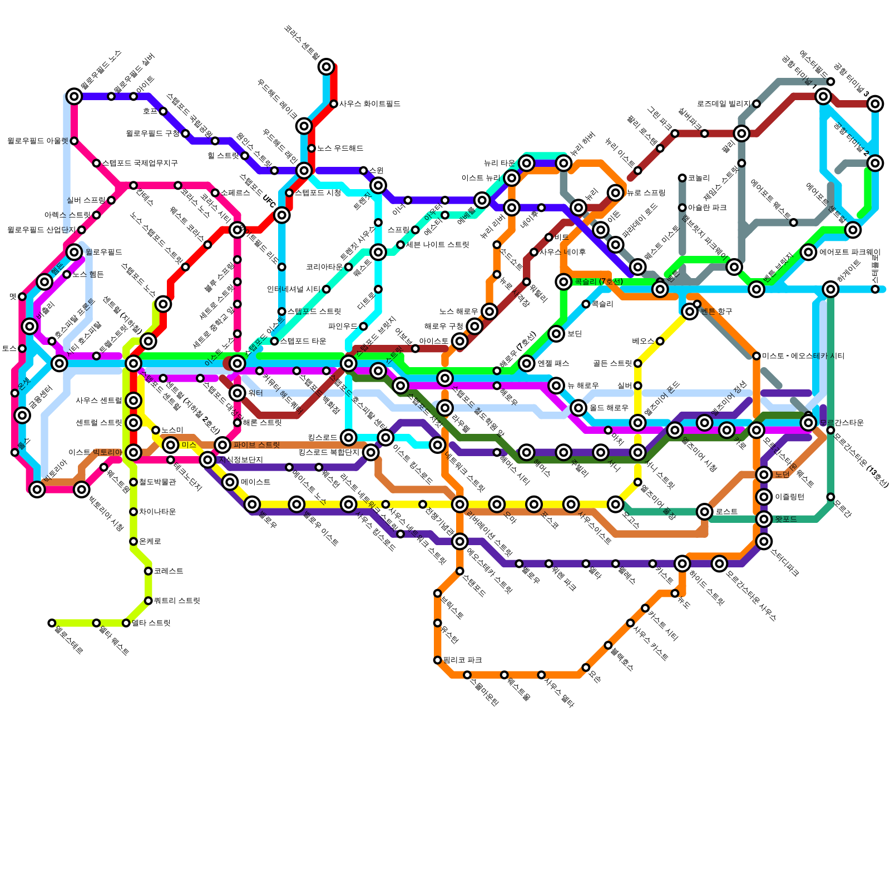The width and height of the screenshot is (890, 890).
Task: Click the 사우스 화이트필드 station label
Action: point(370,104)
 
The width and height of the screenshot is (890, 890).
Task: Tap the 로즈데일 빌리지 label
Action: point(724,104)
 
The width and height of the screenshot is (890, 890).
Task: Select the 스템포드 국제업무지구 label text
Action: point(140,164)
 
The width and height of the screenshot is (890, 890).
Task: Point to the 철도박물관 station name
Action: point(157,482)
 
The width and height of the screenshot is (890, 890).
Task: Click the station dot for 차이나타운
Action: point(133,512)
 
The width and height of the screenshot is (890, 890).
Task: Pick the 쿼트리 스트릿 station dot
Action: point(149,601)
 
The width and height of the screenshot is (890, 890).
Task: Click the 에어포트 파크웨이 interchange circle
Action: point(809,253)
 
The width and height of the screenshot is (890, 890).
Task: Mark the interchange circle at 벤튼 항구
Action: point(690,311)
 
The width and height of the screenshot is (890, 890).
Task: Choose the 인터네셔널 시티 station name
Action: point(294,289)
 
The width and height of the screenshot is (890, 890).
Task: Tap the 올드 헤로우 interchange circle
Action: point(578,408)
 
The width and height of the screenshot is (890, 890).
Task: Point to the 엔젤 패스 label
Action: point(553,364)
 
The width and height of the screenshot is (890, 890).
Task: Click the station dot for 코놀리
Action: point(683,178)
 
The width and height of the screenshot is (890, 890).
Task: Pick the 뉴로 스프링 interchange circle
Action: point(616,193)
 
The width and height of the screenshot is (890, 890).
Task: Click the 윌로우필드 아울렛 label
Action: point(38,141)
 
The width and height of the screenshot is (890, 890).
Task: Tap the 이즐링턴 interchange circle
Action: point(764,497)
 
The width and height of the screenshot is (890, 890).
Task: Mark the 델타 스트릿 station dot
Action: point(126,623)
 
